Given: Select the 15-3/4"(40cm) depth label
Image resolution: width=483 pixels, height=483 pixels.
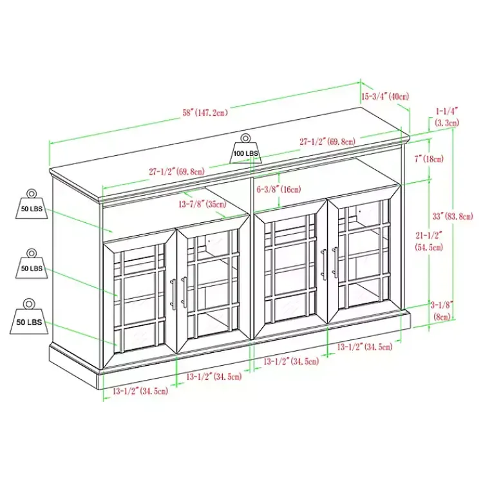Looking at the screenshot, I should (385, 96).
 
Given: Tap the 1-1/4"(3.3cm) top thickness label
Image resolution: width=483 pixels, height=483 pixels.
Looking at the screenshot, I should (446, 117).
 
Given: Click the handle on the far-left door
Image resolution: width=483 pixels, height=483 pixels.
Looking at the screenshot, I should (173, 293).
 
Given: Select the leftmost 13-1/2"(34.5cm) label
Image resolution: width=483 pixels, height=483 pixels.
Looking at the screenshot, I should (140, 391).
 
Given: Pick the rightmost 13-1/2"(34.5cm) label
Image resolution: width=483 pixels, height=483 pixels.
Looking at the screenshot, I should (365, 348).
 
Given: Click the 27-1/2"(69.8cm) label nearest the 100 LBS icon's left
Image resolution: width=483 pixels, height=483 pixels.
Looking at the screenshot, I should (176, 172).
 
